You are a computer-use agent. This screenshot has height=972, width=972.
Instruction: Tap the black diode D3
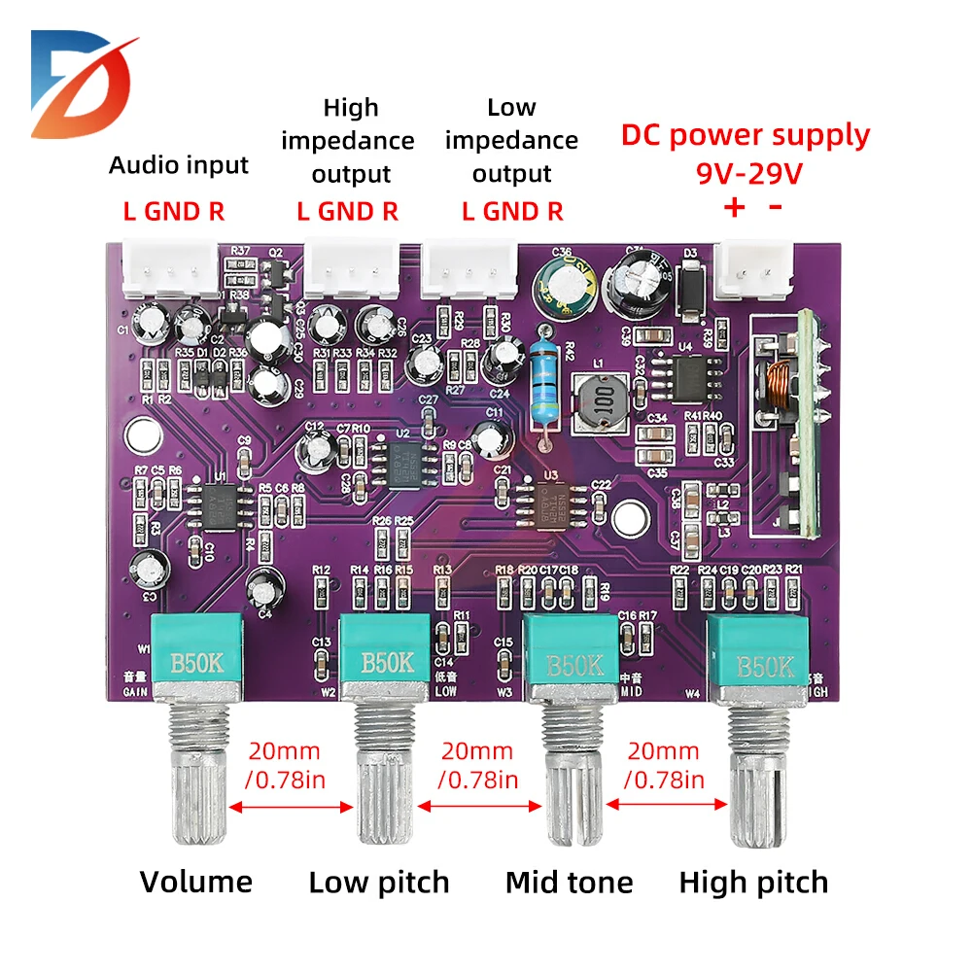click(x=691, y=288)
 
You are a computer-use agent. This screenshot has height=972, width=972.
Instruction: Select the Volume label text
click(x=195, y=882)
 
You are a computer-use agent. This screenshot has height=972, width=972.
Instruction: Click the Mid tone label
click(x=569, y=883)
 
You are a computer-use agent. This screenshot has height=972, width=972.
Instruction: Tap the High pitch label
click(x=753, y=883)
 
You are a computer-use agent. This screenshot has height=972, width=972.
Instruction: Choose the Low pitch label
click(x=379, y=883)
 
